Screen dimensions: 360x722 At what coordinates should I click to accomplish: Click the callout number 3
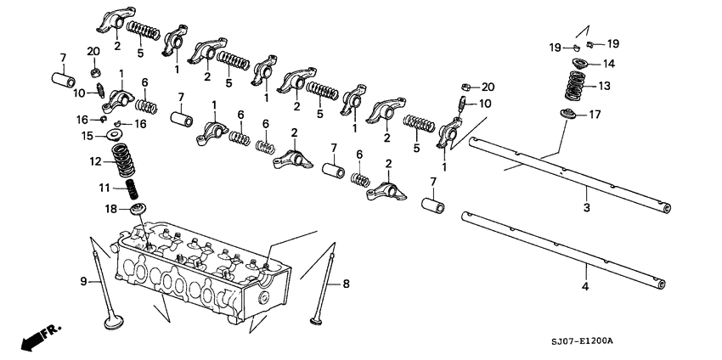[x=585, y=207]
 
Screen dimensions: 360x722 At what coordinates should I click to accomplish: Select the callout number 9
[x=83, y=281]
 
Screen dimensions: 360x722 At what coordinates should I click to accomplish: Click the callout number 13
[x=605, y=86]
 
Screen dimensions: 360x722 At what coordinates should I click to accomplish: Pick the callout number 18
[x=110, y=208]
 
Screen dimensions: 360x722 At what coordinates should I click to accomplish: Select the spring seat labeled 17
[x=568, y=114]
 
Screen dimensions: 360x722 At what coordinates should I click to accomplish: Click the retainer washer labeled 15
[x=116, y=134]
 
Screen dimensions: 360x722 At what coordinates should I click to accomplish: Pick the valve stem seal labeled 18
[x=135, y=208]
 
